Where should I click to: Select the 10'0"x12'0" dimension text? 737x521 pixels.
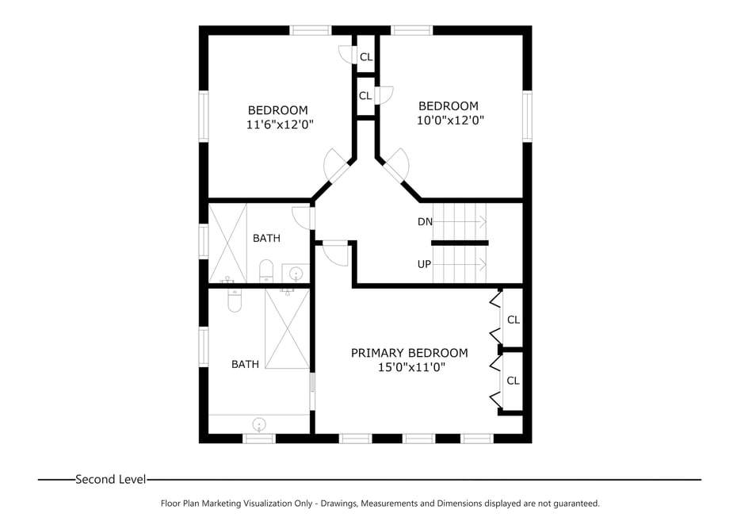[x=450, y=121]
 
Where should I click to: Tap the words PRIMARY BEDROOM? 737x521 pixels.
[x=409, y=353]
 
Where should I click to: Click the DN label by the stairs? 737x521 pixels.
[x=425, y=222]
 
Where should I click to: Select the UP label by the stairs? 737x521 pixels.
[x=425, y=264]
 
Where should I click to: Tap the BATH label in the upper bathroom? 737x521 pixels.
[x=266, y=238]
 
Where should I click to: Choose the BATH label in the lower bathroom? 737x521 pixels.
[x=245, y=365]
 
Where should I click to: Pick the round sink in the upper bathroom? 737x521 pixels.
[x=296, y=274]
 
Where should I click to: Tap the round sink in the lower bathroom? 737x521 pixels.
[x=259, y=423]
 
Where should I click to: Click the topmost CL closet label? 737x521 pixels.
[x=365, y=57]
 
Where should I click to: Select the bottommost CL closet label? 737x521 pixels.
[x=513, y=381]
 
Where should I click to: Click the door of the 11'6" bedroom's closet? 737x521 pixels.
[x=346, y=53]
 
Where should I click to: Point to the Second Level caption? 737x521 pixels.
[x=110, y=479]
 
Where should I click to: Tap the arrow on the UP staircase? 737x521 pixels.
[x=479, y=264]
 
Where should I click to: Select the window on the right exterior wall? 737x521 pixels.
[x=527, y=116]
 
